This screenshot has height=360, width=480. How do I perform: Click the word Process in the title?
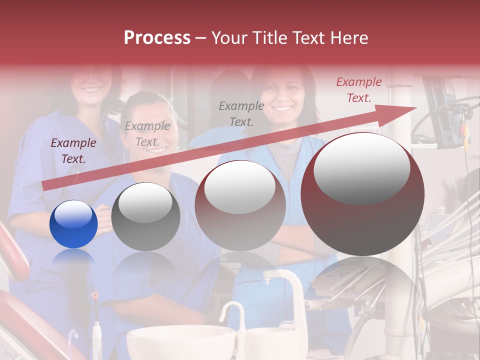coord(157,38)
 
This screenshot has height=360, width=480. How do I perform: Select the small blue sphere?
coord(73,224)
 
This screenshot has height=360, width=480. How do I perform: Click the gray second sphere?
coord(145,216)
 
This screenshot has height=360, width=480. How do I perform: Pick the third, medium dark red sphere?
coord(240,205)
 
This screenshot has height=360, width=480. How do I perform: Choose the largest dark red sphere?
coord(362,194)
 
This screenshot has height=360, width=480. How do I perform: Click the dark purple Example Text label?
coord(73,151)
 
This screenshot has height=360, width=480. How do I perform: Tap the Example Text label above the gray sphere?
coord(147,134)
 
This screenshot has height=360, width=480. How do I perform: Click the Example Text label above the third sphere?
coord(241,113)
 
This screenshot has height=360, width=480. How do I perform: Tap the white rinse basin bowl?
coord(180,342)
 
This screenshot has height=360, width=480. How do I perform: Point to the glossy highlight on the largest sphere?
coord(361,168)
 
